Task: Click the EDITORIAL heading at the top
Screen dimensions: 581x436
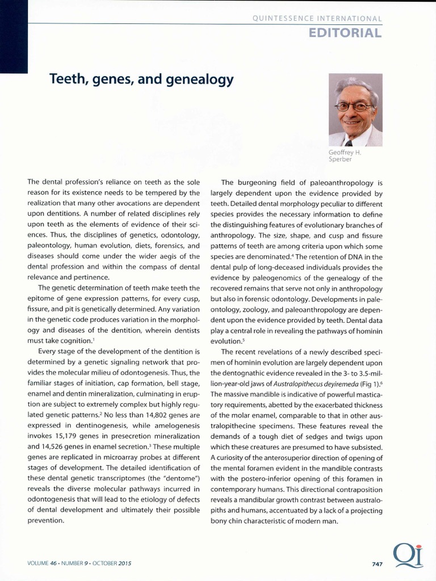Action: [345, 32]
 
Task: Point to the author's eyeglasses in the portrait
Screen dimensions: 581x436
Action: [353, 106]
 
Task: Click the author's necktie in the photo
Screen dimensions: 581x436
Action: [348, 143]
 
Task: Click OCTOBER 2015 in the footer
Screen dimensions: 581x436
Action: [113, 564]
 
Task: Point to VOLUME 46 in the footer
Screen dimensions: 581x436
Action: [44, 564]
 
